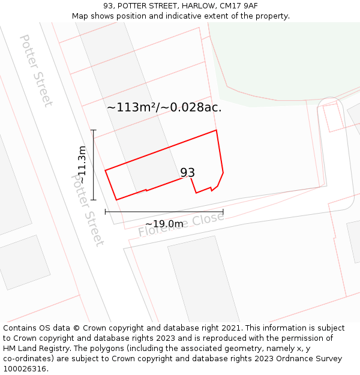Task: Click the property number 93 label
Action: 188,173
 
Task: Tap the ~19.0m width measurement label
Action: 164,224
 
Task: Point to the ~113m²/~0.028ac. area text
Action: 164,107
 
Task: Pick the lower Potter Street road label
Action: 88,210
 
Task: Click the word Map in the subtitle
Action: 81,16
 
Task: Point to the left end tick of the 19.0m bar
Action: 106,211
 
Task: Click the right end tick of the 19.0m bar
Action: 223,211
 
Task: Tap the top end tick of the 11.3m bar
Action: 93,130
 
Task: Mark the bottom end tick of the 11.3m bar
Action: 93,200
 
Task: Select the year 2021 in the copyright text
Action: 228,328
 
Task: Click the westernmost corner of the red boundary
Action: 106,171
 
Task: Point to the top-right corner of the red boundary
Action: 216,130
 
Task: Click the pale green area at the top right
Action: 282,60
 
